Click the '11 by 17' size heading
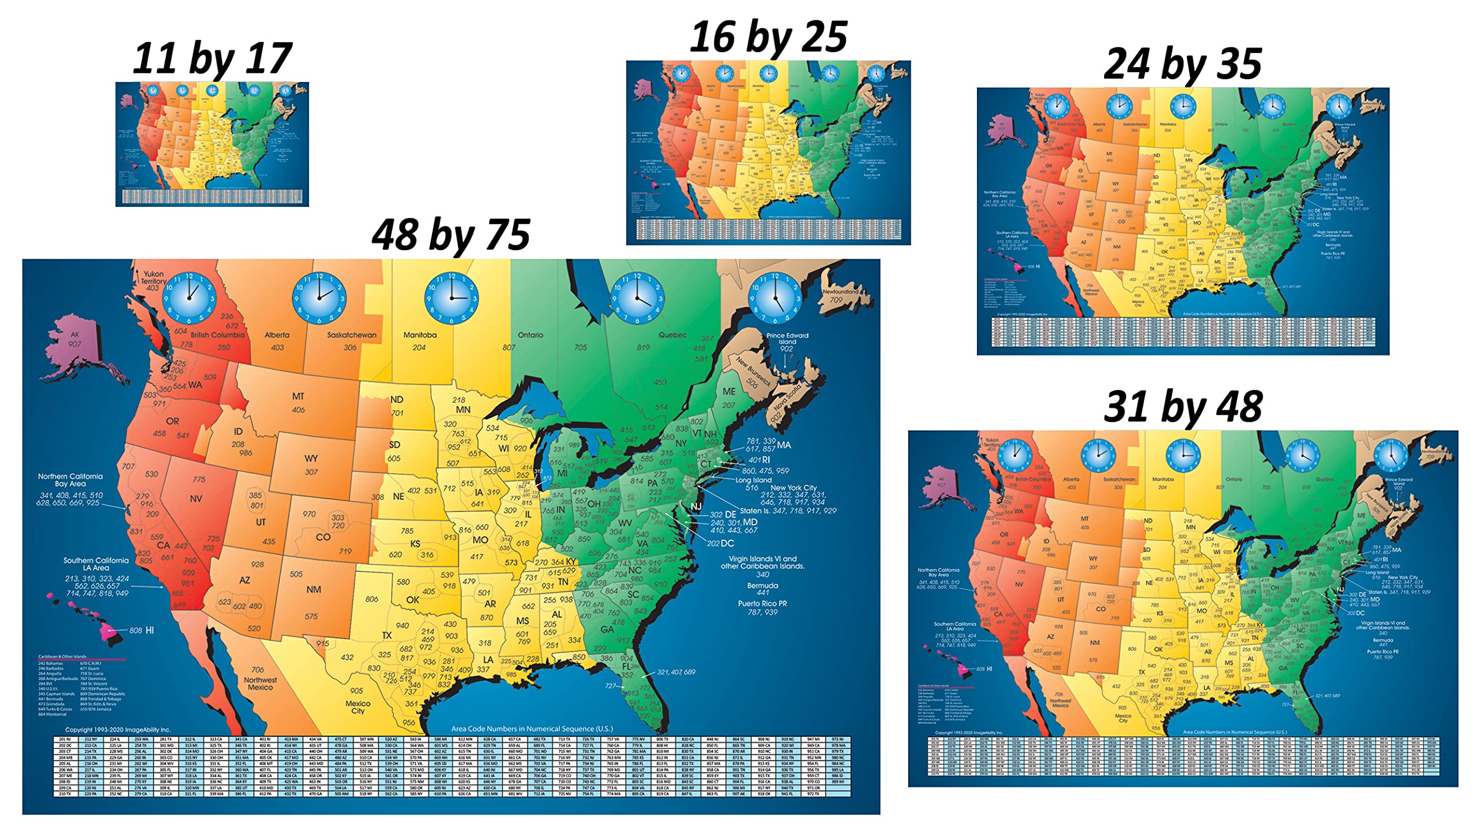pyautogui.click(x=212, y=60)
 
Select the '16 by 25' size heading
pyautogui.click(x=768, y=37)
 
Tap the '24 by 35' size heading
pyautogui.click(x=1182, y=64)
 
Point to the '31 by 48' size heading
pyautogui.click(x=1182, y=407)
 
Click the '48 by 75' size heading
pyautogui.click(x=451, y=235)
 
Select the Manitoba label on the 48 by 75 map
pyautogui.click(x=420, y=335)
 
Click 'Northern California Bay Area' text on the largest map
pyautogui.click(x=70, y=480)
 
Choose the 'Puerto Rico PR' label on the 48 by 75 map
pyautogui.click(x=762, y=604)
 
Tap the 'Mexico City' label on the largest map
pyautogui.click(x=358, y=707)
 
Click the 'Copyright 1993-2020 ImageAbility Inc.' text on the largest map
pyautogui.click(x=118, y=730)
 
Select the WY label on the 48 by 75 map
pyautogui.click(x=311, y=458)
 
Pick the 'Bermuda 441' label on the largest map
pyautogui.click(x=762, y=589)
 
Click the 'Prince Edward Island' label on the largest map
pyautogui.click(x=787, y=339)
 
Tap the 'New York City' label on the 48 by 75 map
pyautogui.click(x=793, y=488)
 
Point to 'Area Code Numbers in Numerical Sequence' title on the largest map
pyautogui.click(x=532, y=729)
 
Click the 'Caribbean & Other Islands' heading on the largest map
pyautogui.click(x=62, y=657)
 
